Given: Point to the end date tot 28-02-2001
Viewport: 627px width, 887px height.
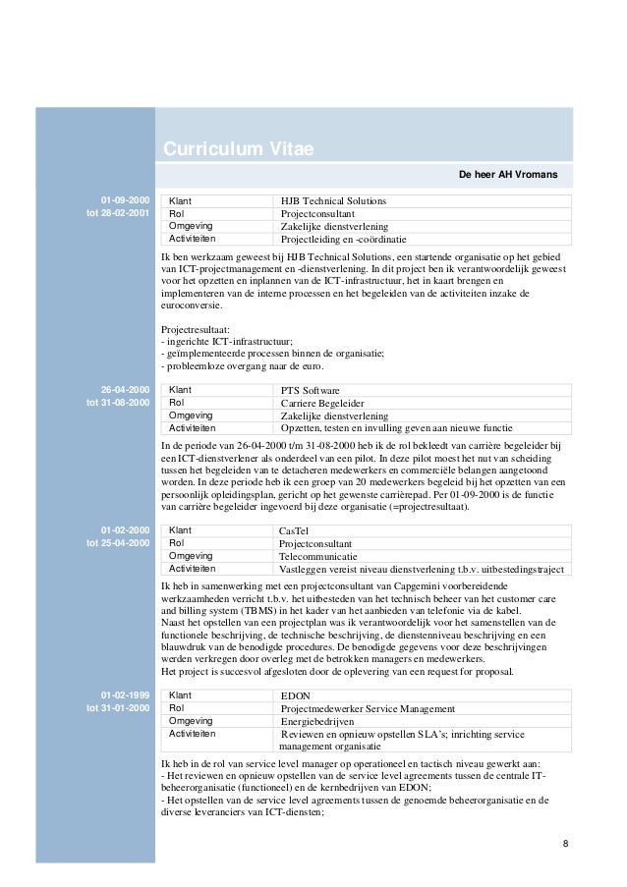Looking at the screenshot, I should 117,213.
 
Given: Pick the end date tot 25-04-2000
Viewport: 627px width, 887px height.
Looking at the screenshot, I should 117,543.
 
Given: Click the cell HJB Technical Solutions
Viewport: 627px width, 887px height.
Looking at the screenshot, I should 333,201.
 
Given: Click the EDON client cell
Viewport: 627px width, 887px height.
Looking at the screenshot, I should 296,696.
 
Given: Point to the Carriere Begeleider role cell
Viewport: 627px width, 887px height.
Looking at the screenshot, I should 322,403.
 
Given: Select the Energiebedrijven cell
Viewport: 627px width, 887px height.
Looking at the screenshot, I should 321,722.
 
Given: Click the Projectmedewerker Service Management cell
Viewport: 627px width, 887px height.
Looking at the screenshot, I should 374,709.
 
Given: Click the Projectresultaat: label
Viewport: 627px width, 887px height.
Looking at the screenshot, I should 193,329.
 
